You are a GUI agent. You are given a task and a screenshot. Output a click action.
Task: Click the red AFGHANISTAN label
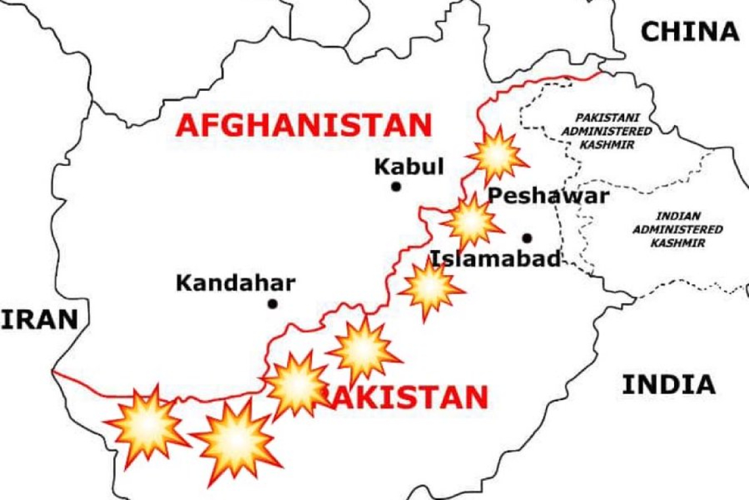pyautogui.click(x=304, y=125)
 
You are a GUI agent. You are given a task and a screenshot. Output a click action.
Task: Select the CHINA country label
pyautogui.click(x=690, y=32)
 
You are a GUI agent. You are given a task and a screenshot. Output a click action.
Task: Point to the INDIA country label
pyautogui.click(x=669, y=384)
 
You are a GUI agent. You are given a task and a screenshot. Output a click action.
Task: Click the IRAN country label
pyautogui.click(x=39, y=320)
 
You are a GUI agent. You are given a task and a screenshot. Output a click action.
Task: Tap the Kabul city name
pyautogui.click(x=409, y=166)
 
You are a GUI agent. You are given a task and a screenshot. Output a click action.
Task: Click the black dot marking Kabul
pyautogui.click(x=396, y=187)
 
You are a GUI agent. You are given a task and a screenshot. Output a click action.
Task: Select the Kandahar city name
pyautogui.click(x=235, y=284)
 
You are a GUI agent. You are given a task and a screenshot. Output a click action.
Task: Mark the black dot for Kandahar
pyautogui.click(x=272, y=303)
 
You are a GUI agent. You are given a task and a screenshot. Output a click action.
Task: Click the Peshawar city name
pyautogui.click(x=549, y=196)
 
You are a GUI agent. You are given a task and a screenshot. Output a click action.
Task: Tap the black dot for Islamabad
pyautogui.click(x=527, y=238)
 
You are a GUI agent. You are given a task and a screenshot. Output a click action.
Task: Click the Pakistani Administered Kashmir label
pyautogui.click(x=606, y=131)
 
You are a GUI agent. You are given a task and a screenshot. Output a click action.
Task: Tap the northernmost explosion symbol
pyautogui.click(x=497, y=155)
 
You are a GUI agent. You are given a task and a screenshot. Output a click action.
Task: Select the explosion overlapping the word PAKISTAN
pyautogui.click(x=298, y=386)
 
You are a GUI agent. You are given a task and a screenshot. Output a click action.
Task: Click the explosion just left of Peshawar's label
pyautogui.click(x=471, y=222)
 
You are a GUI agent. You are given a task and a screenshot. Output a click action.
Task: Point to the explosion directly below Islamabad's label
pyautogui.click(x=430, y=287)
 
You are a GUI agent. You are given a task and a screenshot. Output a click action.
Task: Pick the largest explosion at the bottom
pyautogui.click(x=235, y=439)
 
